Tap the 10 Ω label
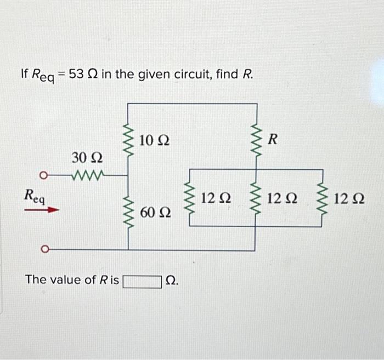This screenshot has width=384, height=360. tap(154, 140)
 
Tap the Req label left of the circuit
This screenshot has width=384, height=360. tap(33, 195)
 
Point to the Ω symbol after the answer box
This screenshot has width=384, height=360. tap(171, 281)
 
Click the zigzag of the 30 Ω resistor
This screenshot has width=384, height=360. tap(87, 176)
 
